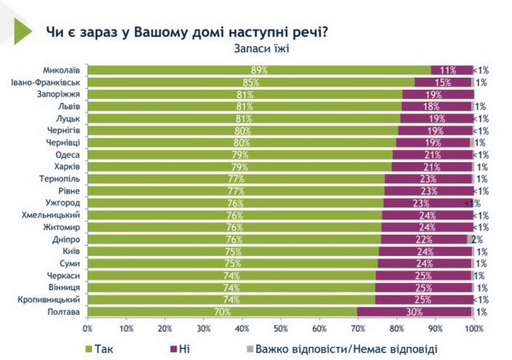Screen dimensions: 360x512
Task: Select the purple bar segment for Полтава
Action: click(x=413, y=312)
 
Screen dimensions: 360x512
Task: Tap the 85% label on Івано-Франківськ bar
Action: click(x=251, y=83)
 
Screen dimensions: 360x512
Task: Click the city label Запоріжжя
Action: click(x=61, y=95)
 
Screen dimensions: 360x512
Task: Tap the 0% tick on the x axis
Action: click(x=87, y=328)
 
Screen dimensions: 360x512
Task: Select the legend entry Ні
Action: click(x=183, y=348)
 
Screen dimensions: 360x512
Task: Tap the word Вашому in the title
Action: click(x=147, y=32)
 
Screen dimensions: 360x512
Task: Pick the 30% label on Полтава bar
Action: click(x=413, y=312)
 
